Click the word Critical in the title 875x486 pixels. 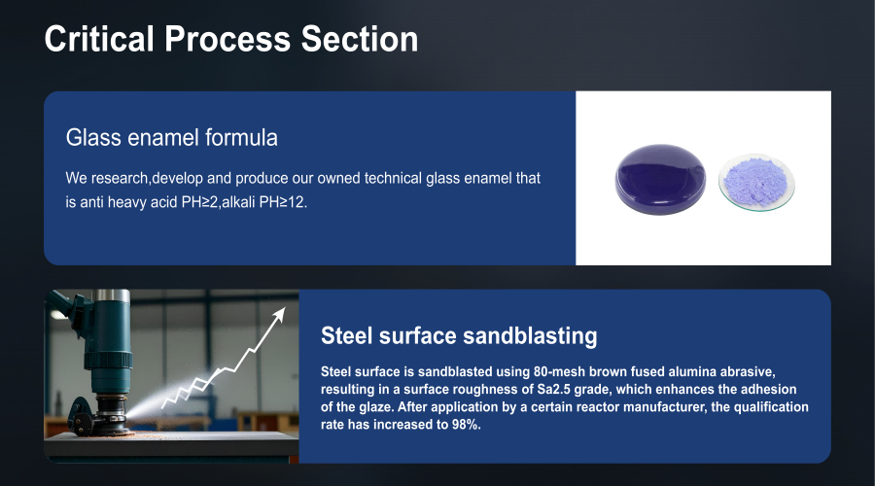99,39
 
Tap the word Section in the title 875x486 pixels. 360,39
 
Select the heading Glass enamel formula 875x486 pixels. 171,137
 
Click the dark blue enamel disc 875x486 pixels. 660,179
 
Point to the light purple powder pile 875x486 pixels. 755,181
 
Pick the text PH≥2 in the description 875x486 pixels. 199,202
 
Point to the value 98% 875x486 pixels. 466,425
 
